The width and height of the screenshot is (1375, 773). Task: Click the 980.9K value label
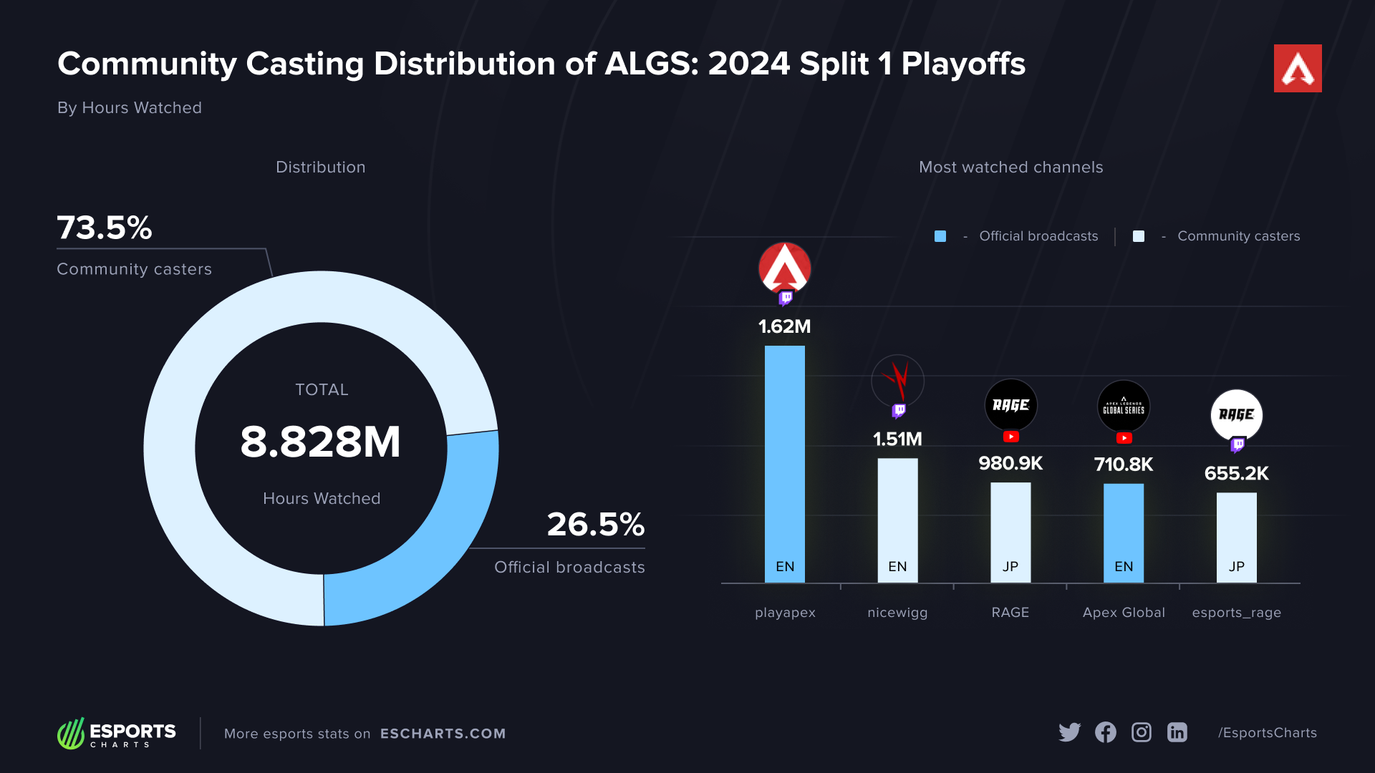tap(1010, 463)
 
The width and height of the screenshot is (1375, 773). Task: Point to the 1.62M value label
tap(784, 326)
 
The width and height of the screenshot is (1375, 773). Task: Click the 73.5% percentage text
tap(105, 228)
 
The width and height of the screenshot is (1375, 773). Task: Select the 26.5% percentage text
tap(595, 524)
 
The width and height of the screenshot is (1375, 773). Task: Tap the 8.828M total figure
tap(320, 442)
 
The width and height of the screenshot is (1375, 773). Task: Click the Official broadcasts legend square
tap(940, 236)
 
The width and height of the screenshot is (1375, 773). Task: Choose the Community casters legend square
tap(1139, 236)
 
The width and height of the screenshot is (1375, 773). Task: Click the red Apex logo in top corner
tap(1297, 69)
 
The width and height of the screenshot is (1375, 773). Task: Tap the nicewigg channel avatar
tap(897, 381)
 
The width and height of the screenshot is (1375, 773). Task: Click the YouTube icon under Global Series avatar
tap(1124, 438)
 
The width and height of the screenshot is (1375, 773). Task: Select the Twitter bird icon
tap(1069, 732)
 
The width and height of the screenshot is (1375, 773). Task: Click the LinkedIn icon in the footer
tap(1177, 732)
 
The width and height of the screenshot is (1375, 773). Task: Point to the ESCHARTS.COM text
tap(443, 734)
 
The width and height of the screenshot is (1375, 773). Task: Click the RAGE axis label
tap(1010, 613)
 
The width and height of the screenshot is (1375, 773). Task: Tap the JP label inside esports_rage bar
tap(1236, 567)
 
